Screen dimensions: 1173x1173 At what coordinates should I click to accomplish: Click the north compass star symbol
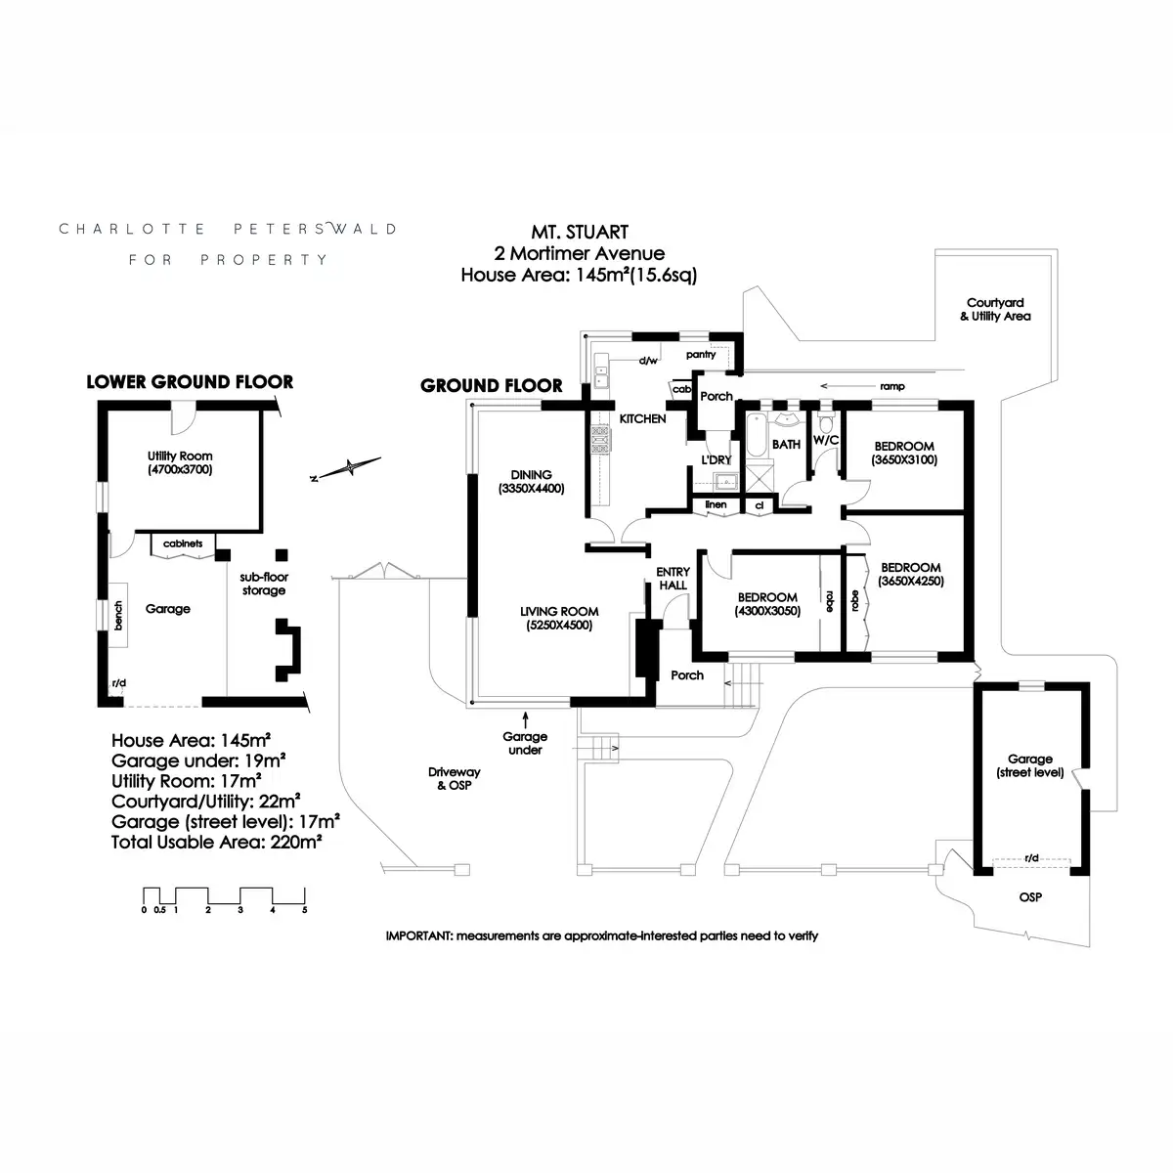(349, 467)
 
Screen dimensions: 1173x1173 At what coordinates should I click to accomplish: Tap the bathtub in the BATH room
(756, 435)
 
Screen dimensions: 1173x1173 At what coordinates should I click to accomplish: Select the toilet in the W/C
(825, 422)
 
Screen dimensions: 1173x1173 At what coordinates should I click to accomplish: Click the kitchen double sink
(601, 376)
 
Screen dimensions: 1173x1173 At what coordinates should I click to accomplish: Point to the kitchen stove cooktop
(599, 440)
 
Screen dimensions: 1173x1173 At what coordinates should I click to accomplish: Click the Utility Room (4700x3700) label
(180, 462)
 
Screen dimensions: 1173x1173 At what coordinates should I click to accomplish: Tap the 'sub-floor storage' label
(264, 584)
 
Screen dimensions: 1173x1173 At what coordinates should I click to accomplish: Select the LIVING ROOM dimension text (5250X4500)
(559, 626)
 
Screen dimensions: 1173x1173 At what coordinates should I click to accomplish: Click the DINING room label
(531, 475)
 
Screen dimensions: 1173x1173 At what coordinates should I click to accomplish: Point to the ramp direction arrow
(847, 386)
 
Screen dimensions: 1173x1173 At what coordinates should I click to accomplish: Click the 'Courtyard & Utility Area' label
(995, 309)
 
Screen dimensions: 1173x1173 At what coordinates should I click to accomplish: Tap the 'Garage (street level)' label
(1030, 765)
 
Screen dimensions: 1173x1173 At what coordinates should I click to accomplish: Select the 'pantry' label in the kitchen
(701, 354)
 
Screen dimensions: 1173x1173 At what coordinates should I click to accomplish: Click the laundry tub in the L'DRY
(725, 482)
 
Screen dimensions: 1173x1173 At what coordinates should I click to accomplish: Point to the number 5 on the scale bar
(304, 910)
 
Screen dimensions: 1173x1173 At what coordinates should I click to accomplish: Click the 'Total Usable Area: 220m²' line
(217, 842)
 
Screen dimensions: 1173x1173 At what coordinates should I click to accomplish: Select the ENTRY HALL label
(673, 579)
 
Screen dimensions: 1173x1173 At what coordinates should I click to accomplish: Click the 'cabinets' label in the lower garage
(183, 543)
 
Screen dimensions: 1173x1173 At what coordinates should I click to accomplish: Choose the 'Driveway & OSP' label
(455, 778)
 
